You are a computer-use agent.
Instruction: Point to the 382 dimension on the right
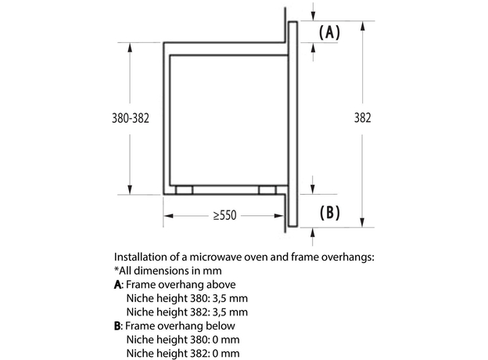pyautogui.click(x=362, y=118)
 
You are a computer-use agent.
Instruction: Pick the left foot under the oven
pyautogui.click(x=185, y=190)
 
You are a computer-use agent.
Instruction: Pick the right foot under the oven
pyautogui.click(x=267, y=190)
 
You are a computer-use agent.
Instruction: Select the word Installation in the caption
pyautogui.click(x=142, y=256)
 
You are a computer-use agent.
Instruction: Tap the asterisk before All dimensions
pyautogui.click(x=117, y=269)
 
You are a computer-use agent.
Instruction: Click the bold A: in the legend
pyautogui.click(x=119, y=284)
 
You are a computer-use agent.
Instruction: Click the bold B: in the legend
pyautogui.click(x=119, y=326)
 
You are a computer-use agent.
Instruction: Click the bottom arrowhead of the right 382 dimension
pyautogui.click(x=361, y=225)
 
